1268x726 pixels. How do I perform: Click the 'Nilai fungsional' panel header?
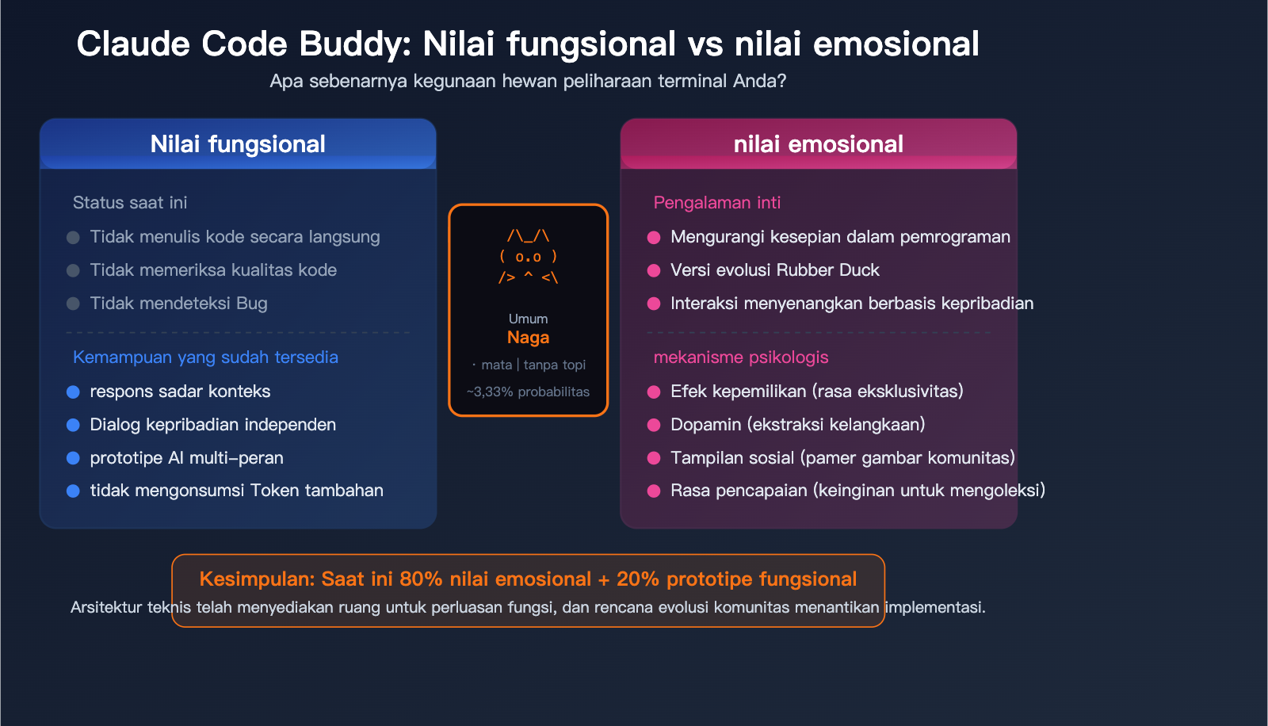238,144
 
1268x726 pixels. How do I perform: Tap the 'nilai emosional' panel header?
818,144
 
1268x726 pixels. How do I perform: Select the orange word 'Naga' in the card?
528,338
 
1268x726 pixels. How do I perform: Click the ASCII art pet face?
528,257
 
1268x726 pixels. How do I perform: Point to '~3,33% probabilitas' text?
528,392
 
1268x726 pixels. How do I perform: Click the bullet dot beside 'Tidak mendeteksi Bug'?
73,304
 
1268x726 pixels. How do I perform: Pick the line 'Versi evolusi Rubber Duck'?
774,270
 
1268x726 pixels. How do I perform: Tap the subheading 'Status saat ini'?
130,203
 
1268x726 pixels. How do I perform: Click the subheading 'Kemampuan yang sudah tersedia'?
205,357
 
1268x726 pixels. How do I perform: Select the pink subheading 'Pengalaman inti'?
716,203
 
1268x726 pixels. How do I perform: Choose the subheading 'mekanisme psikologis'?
740,357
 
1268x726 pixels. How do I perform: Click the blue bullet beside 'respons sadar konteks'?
73,392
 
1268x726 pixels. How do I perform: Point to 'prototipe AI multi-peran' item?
186,458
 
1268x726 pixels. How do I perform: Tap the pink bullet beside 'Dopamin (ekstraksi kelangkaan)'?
654,425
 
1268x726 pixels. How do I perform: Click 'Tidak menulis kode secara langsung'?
235,237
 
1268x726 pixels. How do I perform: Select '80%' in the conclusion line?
421,579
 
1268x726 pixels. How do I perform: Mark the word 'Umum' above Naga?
528,319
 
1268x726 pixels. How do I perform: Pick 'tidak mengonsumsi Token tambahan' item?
236,491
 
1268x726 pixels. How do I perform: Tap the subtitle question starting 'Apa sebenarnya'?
528,81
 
